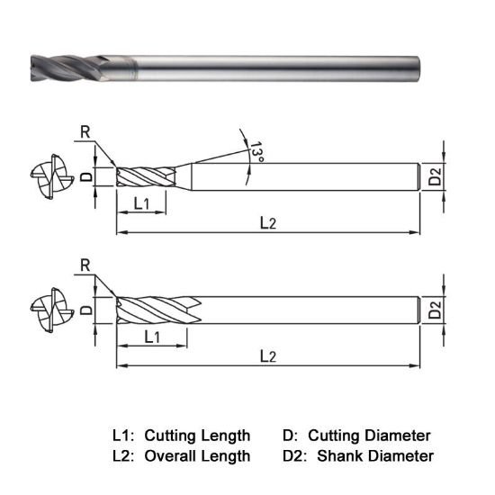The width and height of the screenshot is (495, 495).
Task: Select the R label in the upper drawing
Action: click(x=85, y=131)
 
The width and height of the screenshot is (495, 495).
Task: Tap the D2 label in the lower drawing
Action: click(x=435, y=311)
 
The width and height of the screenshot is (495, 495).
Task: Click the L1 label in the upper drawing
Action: click(x=141, y=204)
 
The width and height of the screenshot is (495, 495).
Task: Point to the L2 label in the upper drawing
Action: click(x=267, y=223)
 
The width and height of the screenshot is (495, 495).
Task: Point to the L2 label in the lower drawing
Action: click(x=267, y=356)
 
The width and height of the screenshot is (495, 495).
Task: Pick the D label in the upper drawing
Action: click(x=85, y=177)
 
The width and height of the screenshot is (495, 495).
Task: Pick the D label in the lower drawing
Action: click(x=85, y=310)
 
